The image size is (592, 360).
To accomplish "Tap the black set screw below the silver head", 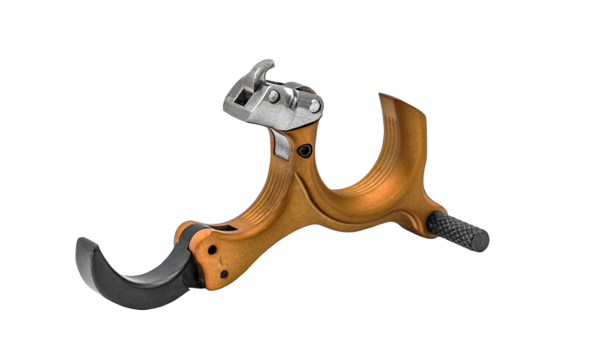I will coord(305,151).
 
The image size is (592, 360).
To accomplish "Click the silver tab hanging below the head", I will coord(280,147).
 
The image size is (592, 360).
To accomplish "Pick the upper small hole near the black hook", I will coord(213,250).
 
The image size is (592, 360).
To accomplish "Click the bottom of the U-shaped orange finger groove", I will coord(354,193).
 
